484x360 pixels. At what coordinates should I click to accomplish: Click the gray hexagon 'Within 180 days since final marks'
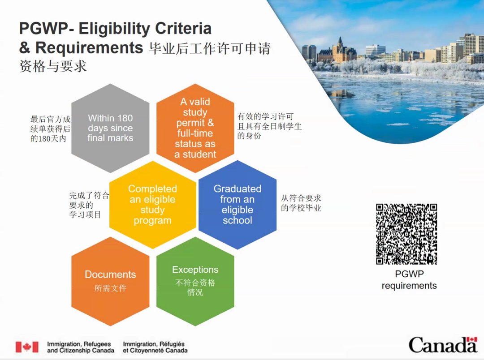click(110, 128)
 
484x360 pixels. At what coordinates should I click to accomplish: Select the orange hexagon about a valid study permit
click(195, 128)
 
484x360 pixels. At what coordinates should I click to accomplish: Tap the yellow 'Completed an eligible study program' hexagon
click(152, 205)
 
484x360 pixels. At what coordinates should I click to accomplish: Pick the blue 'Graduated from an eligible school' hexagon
click(238, 205)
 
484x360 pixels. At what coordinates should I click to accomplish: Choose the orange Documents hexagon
click(110, 281)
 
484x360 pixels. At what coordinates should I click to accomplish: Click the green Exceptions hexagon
click(195, 281)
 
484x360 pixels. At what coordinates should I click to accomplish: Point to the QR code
click(406, 234)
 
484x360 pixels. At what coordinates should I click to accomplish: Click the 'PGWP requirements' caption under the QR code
click(409, 280)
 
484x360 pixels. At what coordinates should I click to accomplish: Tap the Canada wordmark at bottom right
click(443, 345)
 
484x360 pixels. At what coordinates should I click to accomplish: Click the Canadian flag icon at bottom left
click(27, 347)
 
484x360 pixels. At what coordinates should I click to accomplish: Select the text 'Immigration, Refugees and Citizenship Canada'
click(81, 347)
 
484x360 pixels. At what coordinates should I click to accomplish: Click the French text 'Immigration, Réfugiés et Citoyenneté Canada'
click(155, 347)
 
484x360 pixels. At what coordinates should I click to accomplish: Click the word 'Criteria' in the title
click(183, 28)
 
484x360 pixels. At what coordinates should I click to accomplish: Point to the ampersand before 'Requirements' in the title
click(25, 48)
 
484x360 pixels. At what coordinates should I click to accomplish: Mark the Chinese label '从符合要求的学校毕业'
click(301, 203)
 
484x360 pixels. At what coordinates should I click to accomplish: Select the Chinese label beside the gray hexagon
click(50, 129)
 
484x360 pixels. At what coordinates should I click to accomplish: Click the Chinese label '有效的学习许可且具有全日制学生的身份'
click(269, 126)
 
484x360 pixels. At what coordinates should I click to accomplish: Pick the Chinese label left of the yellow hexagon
click(89, 205)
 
